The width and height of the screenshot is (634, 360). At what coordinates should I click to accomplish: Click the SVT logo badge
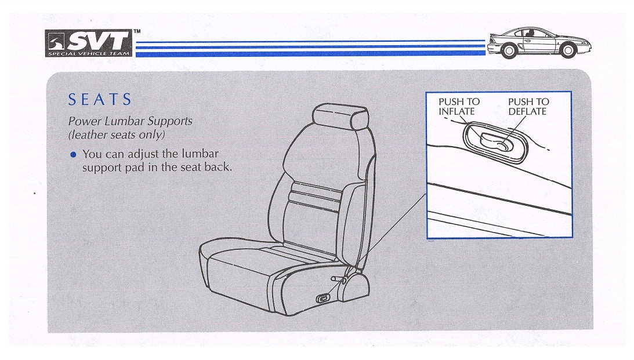[x=89, y=43]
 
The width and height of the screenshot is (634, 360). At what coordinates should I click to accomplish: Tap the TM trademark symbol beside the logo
[x=137, y=31]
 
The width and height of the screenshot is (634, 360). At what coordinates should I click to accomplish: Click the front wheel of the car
[x=568, y=50]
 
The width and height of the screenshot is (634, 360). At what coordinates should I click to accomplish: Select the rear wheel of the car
[x=509, y=50]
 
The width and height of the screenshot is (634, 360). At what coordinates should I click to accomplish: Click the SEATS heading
[x=100, y=99]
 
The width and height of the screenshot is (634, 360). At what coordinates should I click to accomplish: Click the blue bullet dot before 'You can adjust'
[x=73, y=154]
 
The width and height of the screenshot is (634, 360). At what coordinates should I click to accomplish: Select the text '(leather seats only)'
[x=117, y=134]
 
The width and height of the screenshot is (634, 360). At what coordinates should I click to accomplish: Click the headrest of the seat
[x=340, y=117]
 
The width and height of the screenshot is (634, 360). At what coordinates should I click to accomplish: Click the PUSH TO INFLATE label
[x=459, y=107]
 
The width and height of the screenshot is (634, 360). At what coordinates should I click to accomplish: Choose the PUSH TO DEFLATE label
[x=528, y=107]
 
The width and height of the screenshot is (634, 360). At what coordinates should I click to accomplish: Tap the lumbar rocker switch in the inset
[x=496, y=142]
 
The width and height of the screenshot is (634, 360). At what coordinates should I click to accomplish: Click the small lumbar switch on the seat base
[x=323, y=299]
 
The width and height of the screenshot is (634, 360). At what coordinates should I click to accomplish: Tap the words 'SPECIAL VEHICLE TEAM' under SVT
[x=89, y=53]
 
